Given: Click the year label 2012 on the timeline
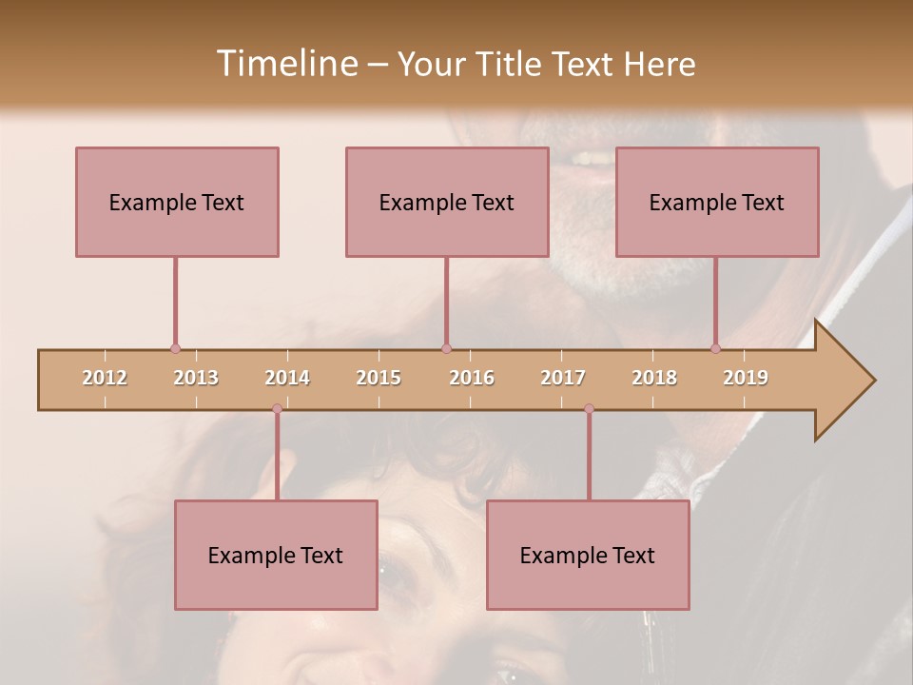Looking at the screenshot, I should pos(105,378).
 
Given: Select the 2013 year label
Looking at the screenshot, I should pos(196,378).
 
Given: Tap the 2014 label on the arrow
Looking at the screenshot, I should pos(287,378).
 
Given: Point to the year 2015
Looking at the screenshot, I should pos(379,378).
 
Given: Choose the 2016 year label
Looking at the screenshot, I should pos(472,378).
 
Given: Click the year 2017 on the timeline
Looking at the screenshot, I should pos(563,378).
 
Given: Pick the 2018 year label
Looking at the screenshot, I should pos(654,378).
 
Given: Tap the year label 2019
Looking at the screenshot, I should pos(746,378).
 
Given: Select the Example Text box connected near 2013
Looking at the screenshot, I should pos(177,202).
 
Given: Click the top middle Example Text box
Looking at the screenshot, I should pos(447,202).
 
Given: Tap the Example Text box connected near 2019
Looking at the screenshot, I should pos(717,202).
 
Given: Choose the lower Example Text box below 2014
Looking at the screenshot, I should pos(276,555).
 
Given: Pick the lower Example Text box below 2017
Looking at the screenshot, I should pos(588,555).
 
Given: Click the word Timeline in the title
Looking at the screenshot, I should pos(285,64).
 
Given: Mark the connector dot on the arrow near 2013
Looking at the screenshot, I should pos(175,348).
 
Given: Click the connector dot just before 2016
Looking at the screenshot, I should pos(447,348).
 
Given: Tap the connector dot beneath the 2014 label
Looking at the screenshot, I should pos(277,409).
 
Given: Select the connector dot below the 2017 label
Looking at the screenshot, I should pos(589,409).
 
